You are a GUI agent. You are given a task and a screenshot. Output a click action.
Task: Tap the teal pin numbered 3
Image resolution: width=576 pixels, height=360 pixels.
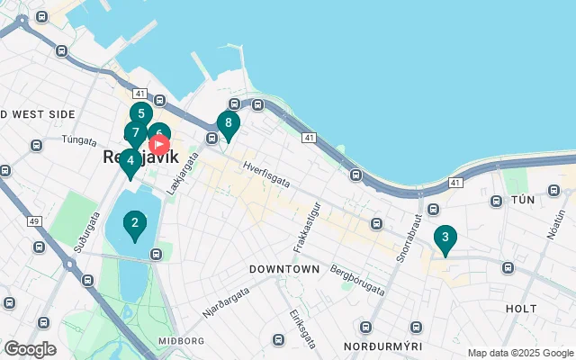[x=445, y=238]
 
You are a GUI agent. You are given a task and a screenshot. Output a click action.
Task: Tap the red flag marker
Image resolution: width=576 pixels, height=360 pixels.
[x=159, y=143]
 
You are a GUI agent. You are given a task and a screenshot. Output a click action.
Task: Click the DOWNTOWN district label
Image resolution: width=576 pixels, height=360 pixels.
[x=284, y=269]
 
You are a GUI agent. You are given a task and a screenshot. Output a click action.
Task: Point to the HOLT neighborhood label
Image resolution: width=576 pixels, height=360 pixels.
[x=521, y=308]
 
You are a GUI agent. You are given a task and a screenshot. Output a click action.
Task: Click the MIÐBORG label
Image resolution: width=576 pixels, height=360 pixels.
[x=181, y=341]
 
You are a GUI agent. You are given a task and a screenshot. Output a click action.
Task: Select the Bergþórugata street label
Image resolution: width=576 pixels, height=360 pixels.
[x=357, y=279]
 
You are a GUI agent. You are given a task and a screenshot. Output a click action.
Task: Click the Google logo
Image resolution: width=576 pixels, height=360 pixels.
[x=31, y=349]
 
